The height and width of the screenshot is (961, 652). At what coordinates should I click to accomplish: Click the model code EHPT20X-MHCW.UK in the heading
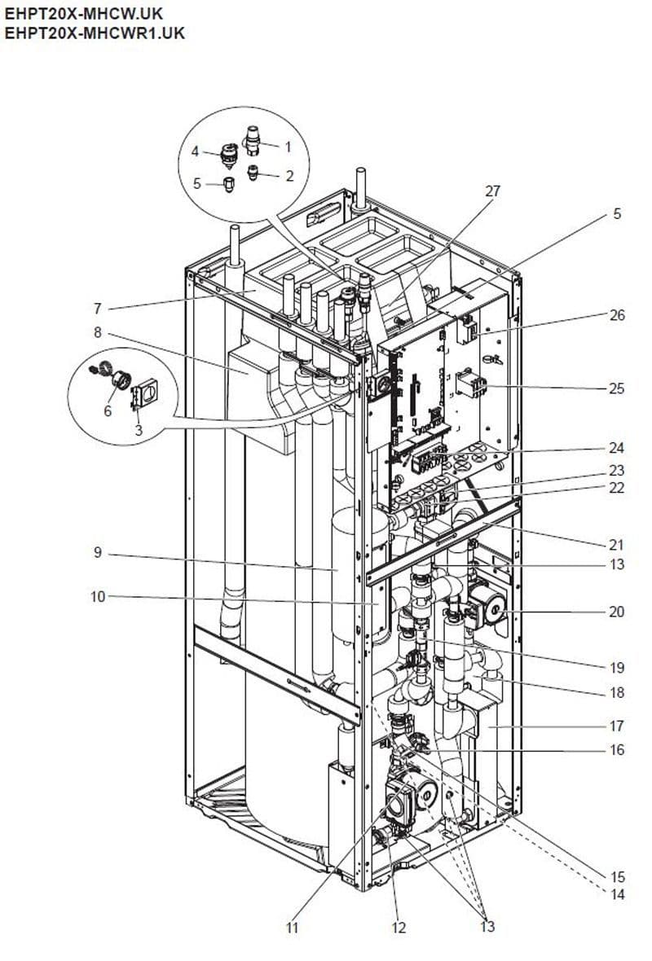point(83,14)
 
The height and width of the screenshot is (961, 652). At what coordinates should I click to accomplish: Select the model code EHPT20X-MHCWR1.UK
point(94,33)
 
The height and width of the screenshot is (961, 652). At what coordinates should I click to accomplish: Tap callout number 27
point(493,191)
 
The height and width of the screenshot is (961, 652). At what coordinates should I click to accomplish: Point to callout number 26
point(616,315)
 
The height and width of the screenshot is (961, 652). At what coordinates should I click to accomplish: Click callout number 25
point(616,388)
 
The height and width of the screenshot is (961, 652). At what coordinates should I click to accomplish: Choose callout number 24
point(616,448)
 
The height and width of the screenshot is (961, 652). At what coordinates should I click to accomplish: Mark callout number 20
point(616,612)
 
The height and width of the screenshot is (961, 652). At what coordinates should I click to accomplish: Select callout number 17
point(616,725)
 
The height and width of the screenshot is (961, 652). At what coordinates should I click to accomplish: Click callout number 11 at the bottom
point(293,927)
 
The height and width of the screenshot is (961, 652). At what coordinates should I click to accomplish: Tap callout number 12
point(398,927)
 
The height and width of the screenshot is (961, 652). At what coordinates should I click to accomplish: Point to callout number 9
point(97,552)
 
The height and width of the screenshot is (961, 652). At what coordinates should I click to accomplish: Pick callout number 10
point(97,597)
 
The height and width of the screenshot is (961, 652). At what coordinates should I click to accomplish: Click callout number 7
point(97,308)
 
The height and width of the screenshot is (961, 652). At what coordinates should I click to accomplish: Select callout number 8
point(97,332)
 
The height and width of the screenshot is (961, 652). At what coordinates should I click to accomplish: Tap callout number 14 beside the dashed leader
point(617,894)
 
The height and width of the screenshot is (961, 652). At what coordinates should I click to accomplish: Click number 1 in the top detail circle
point(287,147)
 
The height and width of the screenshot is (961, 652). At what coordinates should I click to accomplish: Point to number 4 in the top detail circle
point(195,151)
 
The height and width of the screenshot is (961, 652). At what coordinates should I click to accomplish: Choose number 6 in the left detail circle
point(107,411)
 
